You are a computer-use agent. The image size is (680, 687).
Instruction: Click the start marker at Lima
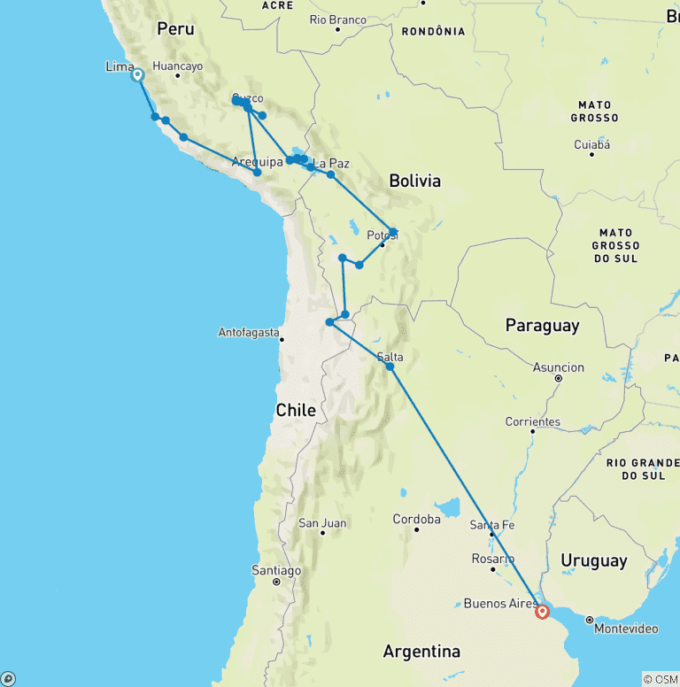click(x=138, y=75)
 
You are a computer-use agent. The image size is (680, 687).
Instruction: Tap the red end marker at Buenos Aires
click(x=542, y=612)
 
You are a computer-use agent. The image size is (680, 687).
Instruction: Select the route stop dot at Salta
click(x=390, y=366)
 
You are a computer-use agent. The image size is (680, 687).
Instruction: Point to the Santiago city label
click(x=276, y=570)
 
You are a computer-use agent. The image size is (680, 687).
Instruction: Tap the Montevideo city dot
click(x=589, y=618)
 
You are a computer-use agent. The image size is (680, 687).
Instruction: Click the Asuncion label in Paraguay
click(x=559, y=367)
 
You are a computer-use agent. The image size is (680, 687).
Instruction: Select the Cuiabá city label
click(x=591, y=143)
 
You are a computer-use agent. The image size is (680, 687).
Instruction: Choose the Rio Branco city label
click(x=338, y=19)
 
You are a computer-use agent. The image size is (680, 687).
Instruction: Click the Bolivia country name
click(x=414, y=181)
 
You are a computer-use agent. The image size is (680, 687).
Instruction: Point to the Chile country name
click(x=296, y=410)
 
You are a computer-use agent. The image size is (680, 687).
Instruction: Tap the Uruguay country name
click(x=593, y=560)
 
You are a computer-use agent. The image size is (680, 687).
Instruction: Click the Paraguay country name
click(x=542, y=326)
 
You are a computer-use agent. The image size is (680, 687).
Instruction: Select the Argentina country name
click(x=421, y=652)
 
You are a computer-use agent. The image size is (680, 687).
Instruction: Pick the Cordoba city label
click(x=416, y=519)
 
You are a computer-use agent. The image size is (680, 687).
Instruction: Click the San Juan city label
click(x=322, y=522)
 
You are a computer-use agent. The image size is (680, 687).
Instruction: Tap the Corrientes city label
click(x=532, y=421)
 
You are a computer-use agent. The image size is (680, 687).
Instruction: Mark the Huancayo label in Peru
click(x=177, y=66)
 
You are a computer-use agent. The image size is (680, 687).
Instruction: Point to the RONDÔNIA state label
click(x=433, y=31)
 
